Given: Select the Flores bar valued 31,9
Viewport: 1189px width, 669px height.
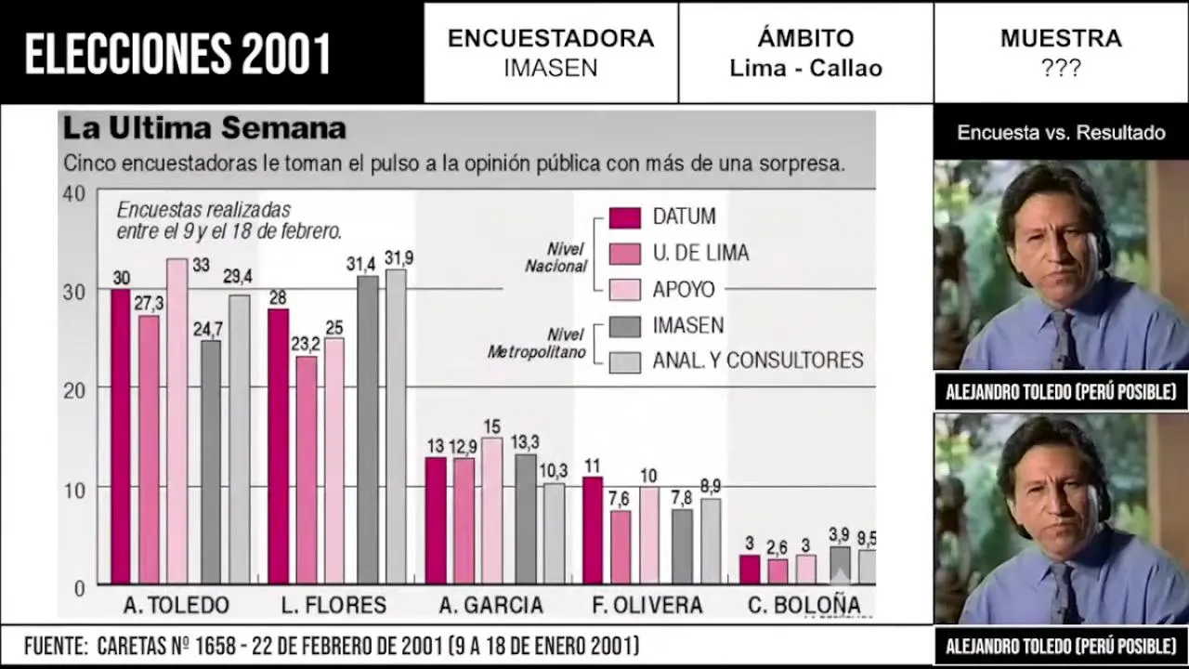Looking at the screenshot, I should (x=396, y=426).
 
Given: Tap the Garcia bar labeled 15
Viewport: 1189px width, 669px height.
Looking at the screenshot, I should (x=492, y=510).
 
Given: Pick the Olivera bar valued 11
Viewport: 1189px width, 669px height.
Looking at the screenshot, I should (x=593, y=530).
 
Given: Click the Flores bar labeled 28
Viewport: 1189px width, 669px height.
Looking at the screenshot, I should (x=278, y=446).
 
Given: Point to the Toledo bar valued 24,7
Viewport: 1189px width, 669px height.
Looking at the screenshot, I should (x=211, y=462).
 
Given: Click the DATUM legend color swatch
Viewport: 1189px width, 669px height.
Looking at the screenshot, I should (x=625, y=217).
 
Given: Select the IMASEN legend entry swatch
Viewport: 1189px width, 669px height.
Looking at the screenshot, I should (x=625, y=326).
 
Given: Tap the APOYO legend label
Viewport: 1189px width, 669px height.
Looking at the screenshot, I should (x=684, y=289).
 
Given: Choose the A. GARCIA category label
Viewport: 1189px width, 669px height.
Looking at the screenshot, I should (x=491, y=605).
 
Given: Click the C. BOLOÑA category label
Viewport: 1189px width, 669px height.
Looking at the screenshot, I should (x=804, y=605).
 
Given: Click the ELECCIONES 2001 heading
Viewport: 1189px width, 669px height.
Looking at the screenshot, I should (x=177, y=54).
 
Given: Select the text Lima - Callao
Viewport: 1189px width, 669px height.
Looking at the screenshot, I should (x=805, y=68).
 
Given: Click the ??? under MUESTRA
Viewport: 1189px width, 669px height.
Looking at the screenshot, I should (x=1060, y=68).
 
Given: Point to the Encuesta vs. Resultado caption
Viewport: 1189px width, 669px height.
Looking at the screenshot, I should (x=1061, y=133).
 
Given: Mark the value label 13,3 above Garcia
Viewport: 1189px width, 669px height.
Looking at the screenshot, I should (x=526, y=441).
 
